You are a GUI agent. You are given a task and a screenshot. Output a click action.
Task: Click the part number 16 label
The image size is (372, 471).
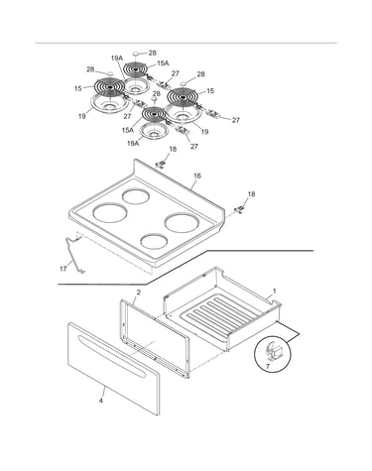197,176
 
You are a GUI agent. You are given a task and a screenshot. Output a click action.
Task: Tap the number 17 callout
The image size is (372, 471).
63,269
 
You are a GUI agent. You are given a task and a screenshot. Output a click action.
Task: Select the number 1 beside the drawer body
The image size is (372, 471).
274,292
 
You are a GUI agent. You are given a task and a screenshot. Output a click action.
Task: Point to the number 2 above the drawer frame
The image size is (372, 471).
139,293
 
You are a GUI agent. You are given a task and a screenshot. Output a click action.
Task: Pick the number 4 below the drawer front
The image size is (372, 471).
101,401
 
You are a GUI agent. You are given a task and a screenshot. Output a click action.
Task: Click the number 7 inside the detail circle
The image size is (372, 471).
268,367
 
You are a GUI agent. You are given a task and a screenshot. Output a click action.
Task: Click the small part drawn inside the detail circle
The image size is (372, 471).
273,351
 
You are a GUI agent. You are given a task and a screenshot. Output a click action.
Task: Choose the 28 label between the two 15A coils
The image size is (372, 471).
156,94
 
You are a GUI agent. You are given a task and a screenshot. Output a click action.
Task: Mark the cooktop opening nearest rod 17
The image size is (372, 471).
110,212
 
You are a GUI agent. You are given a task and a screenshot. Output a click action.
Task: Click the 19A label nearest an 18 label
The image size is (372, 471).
133,143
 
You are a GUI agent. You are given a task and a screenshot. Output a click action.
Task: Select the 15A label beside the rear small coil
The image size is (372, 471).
163,63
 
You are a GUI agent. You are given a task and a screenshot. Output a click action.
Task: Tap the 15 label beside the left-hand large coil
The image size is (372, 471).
77,88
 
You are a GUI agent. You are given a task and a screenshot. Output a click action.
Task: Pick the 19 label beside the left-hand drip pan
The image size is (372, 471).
82,116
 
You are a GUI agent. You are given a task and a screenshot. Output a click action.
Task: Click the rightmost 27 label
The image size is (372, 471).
235,120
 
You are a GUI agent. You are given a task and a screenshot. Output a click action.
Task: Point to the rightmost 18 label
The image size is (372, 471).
252,194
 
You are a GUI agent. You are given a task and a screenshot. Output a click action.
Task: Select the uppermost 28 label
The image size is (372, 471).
153,53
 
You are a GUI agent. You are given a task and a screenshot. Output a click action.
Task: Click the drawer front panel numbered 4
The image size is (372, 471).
113,369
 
